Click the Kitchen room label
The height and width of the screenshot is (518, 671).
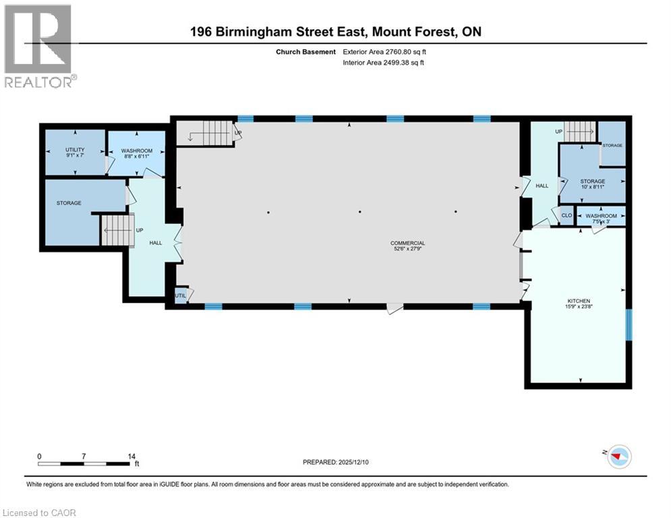pyautogui.click(x=579, y=304)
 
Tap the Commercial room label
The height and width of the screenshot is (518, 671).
pyautogui.click(x=407, y=246)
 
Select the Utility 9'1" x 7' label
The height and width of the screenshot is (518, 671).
pyautogui.click(x=75, y=152)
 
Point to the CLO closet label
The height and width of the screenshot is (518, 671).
pyautogui.click(x=566, y=215)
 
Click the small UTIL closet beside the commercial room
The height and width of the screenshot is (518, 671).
pyautogui.click(x=181, y=295)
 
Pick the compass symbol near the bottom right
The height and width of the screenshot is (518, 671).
pyautogui.click(x=620, y=457)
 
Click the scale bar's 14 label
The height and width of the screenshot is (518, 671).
pyautogui.click(x=132, y=457)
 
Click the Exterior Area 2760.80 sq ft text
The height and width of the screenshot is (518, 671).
pyautogui.click(x=384, y=52)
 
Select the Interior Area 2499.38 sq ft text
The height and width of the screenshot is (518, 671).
pyautogui.click(x=384, y=63)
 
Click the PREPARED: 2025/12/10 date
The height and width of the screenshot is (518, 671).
pyautogui.click(x=336, y=462)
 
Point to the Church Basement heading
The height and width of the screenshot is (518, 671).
pyautogui.click(x=305, y=52)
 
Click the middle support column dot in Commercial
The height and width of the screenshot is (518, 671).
pyautogui.click(x=360, y=212)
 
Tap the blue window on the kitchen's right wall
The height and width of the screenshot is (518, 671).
pyautogui.click(x=629, y=325)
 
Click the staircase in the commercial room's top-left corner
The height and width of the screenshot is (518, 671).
pyautogui.click(x=206, y=133)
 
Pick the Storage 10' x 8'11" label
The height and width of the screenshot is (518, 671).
pyautogui.click(x=593, y=184)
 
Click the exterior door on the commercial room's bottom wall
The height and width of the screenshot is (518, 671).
pyautogui.click(x=395, y=308)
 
